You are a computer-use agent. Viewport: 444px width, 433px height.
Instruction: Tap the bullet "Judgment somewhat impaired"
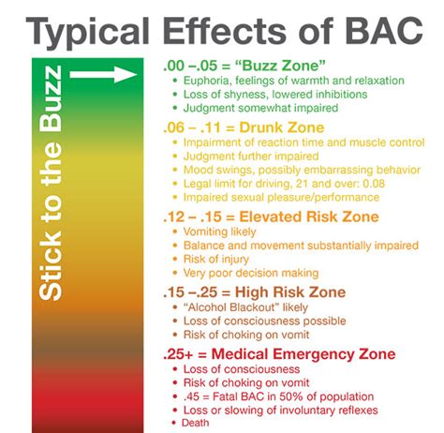246,109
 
